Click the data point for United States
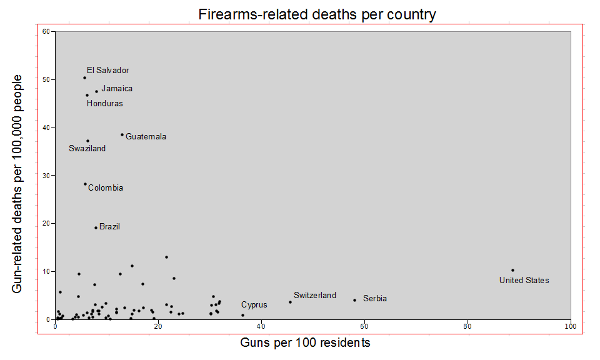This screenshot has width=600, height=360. click(512, 270)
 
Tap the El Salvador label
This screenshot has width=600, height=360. click(107, 70)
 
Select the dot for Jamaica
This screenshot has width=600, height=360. click(96, 91)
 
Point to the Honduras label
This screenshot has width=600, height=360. click(105, 103)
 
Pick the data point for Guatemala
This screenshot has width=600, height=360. click(122, 134)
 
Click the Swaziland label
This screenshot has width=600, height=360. click(87, 148)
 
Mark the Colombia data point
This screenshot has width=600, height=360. click(85, 184)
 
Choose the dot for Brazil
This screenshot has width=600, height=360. click(96, 227)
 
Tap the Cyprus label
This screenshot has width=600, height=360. click(254, 304)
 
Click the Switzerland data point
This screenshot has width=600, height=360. click(290, 302)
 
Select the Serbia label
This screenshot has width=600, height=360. click(375, 298)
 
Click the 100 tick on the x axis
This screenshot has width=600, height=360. click(570, 327)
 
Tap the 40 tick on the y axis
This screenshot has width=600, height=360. click(46, 127)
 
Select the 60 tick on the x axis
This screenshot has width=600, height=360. click(364, 327)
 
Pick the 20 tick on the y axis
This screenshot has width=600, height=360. click(46, 223)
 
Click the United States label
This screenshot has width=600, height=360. click(524, 280)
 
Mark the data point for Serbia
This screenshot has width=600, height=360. click(354, 300)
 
